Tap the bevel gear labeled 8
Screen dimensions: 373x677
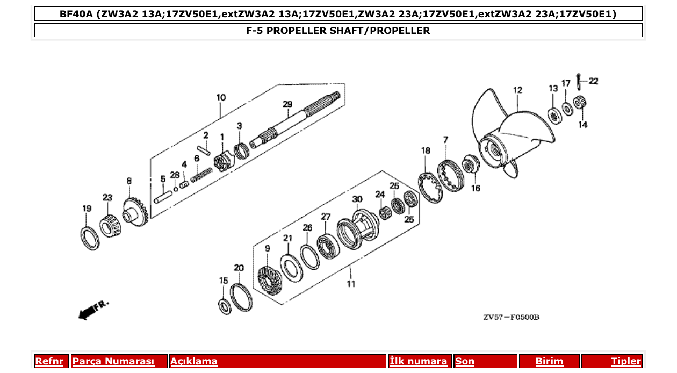[x=134, y=212]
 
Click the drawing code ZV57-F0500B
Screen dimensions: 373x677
[x=510, y=318]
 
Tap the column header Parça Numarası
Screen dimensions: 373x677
[x=113, y=361]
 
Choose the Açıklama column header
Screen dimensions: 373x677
[x=194, y=361]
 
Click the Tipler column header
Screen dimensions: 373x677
[x=625, y=361]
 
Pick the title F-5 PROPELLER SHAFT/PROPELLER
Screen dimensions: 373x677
[x=338, y=30]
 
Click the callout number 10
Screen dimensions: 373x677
[x=221, y=97]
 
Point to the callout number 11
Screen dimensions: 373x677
[x=350, y=284]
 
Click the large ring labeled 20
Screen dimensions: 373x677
[x=241, y=295]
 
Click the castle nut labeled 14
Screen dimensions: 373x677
[x=580, y=102]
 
